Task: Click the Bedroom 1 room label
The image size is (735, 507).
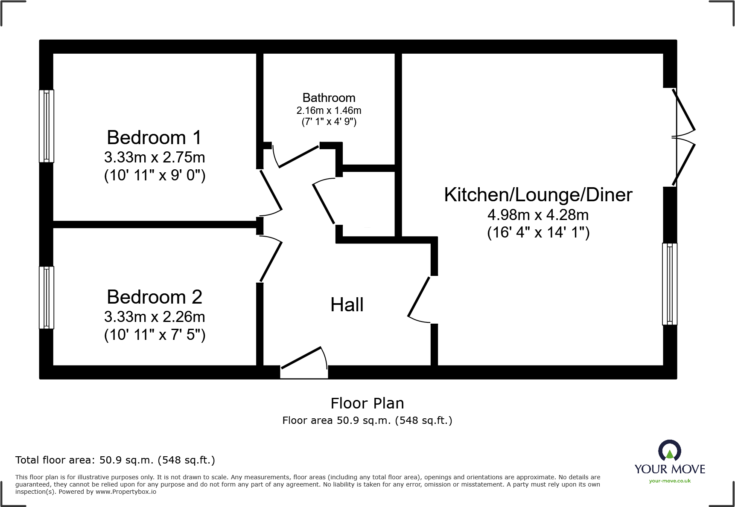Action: coord(154,138)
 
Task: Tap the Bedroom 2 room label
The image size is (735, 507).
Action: coord(154,297)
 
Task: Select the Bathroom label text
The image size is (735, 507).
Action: coord(329,98)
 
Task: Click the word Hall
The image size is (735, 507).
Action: coord(347,305)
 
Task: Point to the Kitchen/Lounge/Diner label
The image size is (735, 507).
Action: coord(538,195)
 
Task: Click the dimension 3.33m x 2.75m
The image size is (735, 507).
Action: coord(155,157)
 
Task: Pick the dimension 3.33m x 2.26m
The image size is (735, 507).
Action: coord(155,317)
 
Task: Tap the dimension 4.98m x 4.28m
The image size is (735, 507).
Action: coord(538,214)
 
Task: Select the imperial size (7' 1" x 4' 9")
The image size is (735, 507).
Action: coord(329,122)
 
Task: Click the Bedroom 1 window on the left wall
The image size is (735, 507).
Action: coord(47,126)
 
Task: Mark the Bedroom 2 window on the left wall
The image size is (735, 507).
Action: coord(47,298)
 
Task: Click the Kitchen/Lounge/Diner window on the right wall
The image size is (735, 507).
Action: coord(669,284)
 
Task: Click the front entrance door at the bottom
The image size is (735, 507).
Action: coord(304,362)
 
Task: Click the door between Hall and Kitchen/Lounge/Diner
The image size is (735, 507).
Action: coord(420,298)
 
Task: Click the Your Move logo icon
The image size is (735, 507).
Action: coord(669,451)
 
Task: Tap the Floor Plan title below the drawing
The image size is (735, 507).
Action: coord(367,403)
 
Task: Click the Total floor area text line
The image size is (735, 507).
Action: coord(115,460)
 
